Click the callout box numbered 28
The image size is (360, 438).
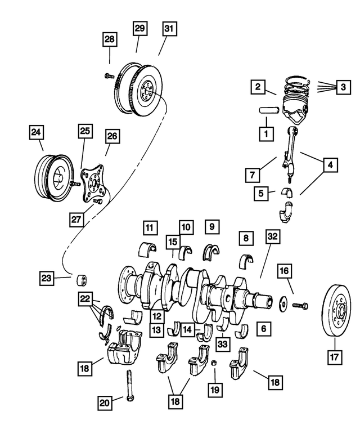click(x=110, y=40)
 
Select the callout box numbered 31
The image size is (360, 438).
click(x=168, y=28)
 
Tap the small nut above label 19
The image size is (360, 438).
click(x=214, y=363)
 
